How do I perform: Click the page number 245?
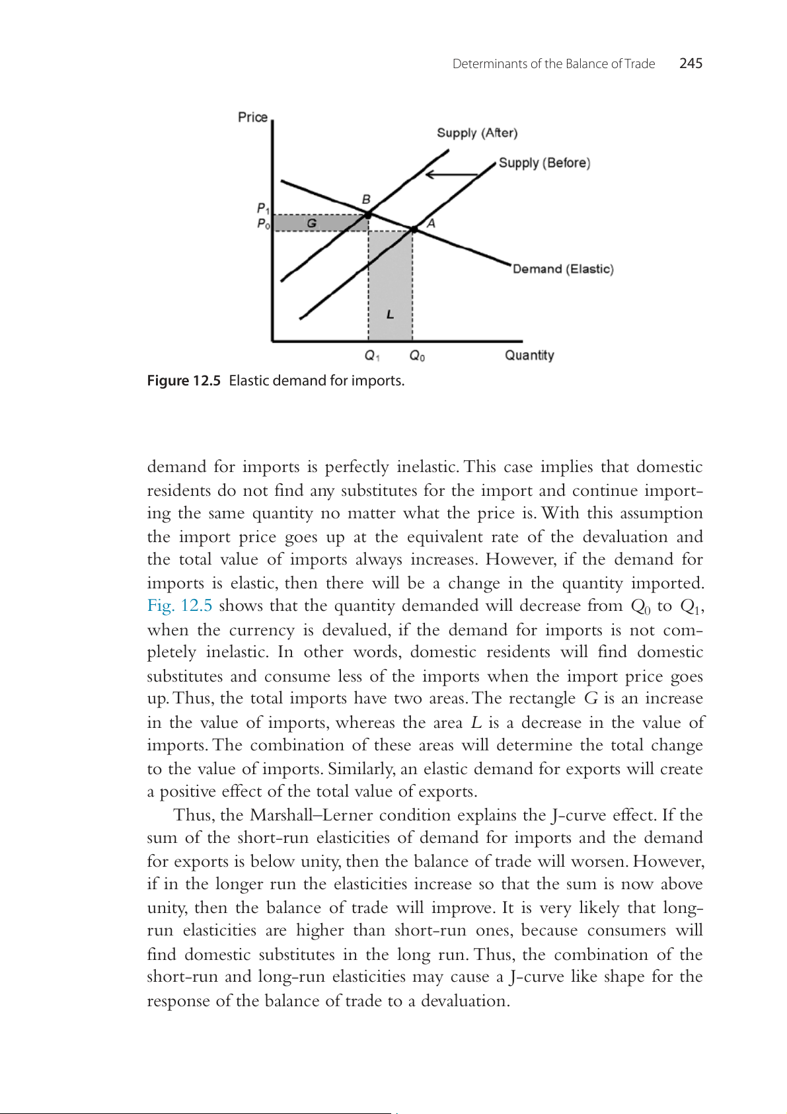[x=691, y=63]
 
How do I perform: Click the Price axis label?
[x=252, y=117]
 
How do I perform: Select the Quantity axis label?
[x=529, y=355]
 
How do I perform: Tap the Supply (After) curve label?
[x=477, y=133]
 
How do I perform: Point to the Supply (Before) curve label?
[x=544, y=163]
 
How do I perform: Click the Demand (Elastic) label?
[x=563, y=269]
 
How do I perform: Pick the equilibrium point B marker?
[x=368, y=214]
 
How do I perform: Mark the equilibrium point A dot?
[x=414, y=229]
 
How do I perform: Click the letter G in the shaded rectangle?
[x=311, y=223]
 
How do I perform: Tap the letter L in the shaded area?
[x=390, y=314]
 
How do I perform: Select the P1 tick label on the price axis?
[x=262, y=209]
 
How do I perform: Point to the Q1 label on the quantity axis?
[x=372, y=356]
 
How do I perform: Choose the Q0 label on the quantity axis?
[x=417, y=356]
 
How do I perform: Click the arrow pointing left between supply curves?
[x=451, y=175]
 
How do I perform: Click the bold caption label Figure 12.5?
[x=184, y=381]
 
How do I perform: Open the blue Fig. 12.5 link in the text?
[x=180, y=606]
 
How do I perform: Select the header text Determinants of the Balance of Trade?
[x=554, y=64]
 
